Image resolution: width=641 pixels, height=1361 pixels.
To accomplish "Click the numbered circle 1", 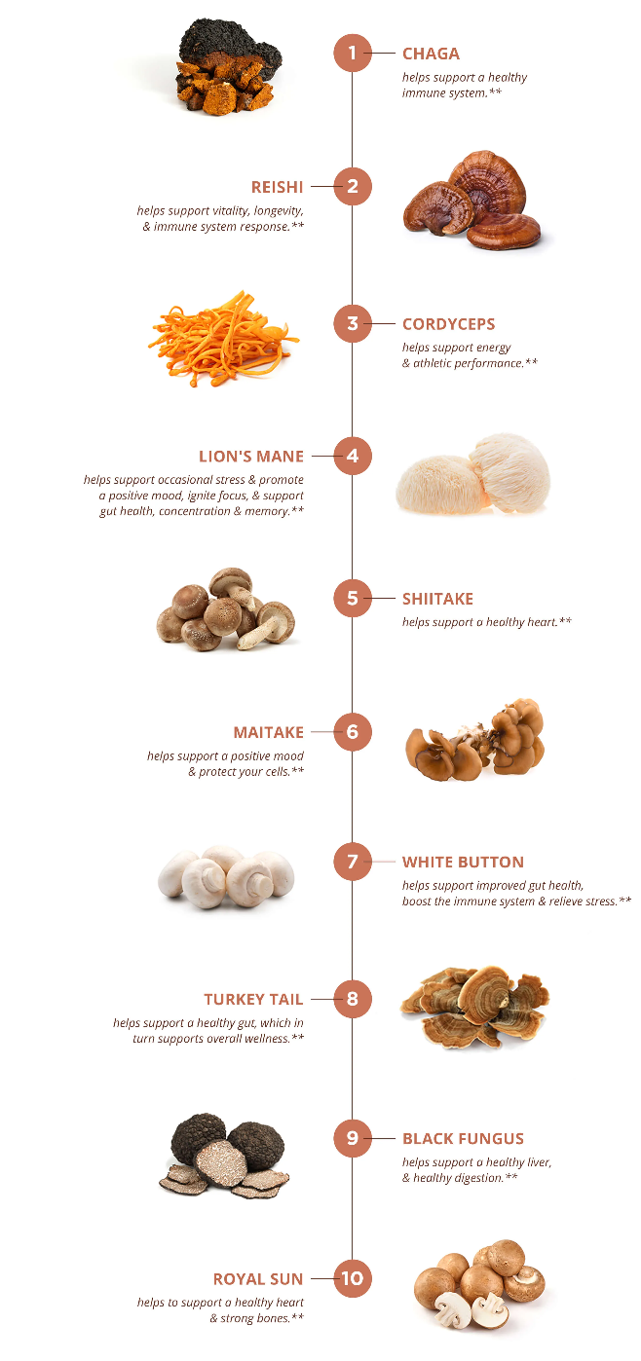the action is coord(352,53).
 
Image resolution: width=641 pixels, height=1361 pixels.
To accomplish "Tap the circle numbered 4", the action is coord(352,456).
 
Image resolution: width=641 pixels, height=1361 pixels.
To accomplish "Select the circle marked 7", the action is coord(352,862).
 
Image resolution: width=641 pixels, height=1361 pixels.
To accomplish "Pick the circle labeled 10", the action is coord(352,1278).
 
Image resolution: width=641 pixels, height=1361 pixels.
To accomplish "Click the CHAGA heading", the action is coord(431,54).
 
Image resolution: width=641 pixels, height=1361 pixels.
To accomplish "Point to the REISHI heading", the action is coord(278,187).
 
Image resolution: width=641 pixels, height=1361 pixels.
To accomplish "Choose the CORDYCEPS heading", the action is coord(449,324).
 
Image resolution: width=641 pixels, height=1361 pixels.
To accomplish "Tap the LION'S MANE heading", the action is coord(251,456).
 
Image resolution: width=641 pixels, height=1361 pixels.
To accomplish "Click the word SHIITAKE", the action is coord(437,599).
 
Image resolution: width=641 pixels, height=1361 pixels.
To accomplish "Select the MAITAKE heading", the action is coord(269,732).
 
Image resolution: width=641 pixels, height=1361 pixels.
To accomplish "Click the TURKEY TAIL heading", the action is coord(253,999).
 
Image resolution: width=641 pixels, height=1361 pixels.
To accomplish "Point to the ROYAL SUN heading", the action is coord(258,1279).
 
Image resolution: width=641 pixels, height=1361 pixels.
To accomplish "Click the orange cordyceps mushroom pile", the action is coord(223,339).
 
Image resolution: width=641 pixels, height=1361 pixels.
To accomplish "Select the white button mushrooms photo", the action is coord(226,877).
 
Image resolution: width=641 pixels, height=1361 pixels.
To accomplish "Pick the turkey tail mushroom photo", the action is coord(474,1007).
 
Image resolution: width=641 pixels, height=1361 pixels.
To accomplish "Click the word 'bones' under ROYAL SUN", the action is coord(273,1318).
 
